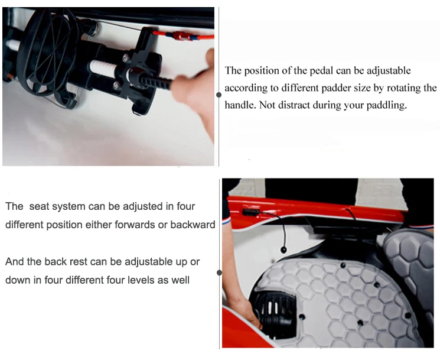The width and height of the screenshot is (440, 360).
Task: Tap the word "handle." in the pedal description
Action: coord(240,105)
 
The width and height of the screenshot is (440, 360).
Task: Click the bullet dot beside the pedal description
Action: coord(219,95)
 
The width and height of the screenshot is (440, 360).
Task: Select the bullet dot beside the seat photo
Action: coord(220,273)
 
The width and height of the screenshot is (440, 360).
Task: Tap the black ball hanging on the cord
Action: coord(283,249)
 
